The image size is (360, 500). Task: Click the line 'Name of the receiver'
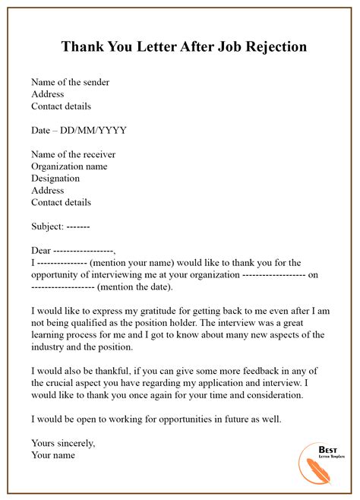73,154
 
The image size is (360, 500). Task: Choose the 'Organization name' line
69,166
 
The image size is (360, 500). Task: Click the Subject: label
47,226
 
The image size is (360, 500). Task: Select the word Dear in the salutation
41,251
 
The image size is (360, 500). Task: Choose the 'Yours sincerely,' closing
63,443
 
